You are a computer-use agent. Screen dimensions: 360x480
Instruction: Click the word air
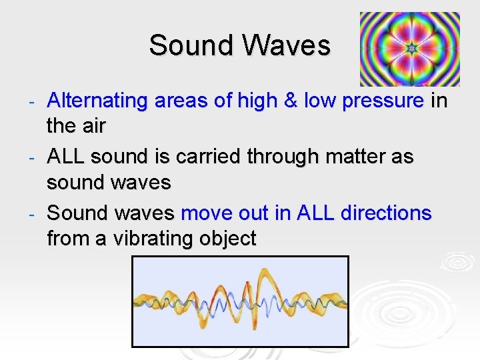93,126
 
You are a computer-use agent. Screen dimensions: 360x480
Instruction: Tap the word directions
386,214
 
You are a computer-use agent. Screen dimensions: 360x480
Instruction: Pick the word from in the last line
69,239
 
